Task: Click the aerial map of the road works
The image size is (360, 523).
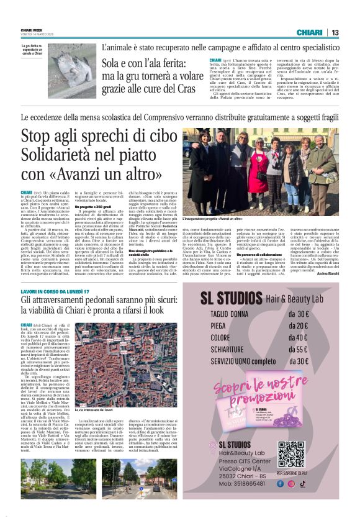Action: click(104, 357)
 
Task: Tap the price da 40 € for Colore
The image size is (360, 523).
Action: click(297, 337)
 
